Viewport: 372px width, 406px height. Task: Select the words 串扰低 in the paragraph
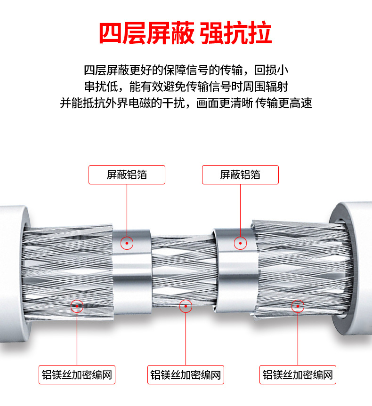tap(100, 87)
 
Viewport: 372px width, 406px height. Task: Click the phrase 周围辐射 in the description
tap(267, 87)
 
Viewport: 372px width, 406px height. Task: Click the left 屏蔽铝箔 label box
tap(127, 175)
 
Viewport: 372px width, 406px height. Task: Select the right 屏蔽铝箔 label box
tap(240, 175)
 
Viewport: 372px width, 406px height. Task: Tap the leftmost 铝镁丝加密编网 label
tap(77, 375)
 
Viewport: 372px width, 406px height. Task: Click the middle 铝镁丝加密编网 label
tap(186, 375)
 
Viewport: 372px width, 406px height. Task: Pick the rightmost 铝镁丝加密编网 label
tap(298, 375)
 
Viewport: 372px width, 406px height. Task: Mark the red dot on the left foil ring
tap(127, 243)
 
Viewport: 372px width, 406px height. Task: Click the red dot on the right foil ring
tap(241, 243)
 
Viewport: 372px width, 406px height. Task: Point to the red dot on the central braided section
tap(186, 306)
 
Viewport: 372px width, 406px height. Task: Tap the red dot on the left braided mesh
tap(77, 306)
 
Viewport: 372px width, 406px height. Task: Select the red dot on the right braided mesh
tap(298, 306)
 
